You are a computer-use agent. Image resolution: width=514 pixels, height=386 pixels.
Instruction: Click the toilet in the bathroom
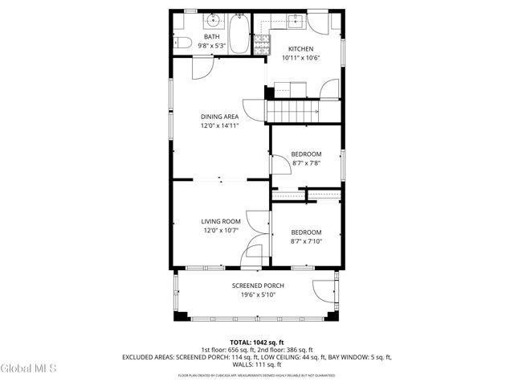tap(182, 43)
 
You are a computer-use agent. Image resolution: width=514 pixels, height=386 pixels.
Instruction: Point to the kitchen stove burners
tap(262, 45)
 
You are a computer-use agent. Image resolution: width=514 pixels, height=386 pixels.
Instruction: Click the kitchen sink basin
tap(293, 21)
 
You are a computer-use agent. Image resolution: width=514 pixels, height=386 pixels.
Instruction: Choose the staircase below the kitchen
tap(293, 111)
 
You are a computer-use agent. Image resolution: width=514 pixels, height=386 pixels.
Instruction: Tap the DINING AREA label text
tap(219, 117)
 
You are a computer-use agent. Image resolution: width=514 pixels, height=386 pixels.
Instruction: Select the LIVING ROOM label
tap(221, 221)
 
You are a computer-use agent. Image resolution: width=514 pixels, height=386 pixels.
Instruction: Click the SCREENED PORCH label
tap(258, 285)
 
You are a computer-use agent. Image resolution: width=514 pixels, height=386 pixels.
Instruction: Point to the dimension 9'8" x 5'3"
tap(211, 46)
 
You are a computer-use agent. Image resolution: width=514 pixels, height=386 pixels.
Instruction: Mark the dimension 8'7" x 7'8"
tap(306, 163)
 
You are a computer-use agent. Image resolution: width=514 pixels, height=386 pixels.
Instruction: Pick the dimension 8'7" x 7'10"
tap(306, 241)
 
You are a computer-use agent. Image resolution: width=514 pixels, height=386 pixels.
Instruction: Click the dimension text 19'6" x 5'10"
tap(258, 295)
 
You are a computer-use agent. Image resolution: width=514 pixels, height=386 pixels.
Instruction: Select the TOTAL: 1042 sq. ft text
tap(257, 342)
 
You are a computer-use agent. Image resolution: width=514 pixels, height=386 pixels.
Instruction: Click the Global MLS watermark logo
tap(28, 368)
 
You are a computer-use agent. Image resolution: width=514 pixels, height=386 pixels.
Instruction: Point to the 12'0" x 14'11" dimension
tap(219, 125)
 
